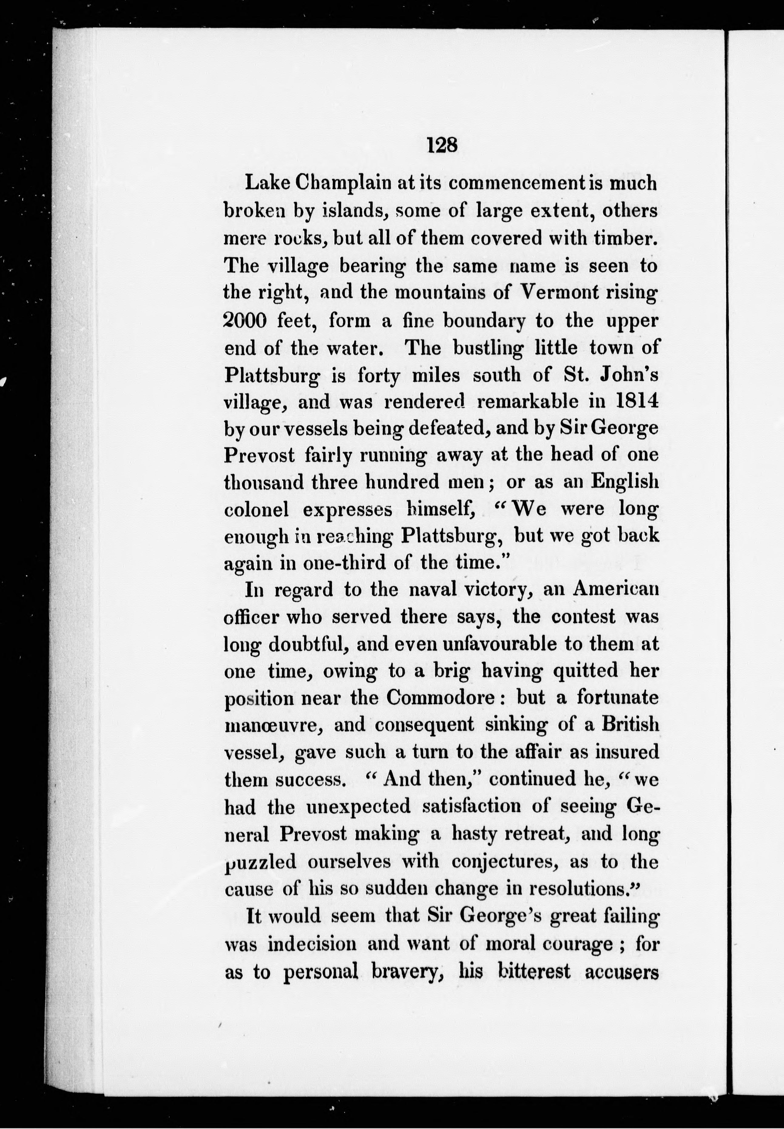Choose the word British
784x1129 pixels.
630,725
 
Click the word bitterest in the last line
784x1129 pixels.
534,971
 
